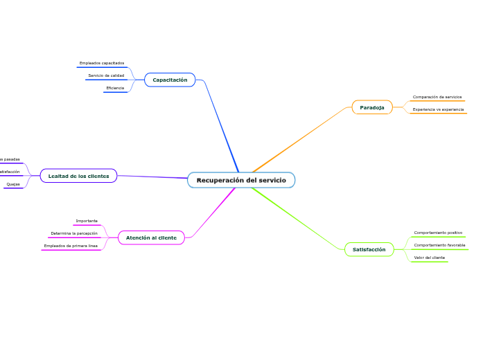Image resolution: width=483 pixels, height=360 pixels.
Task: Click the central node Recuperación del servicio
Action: pyautogui.click(x=241, y=180)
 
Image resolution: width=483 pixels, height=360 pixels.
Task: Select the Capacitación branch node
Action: pyautogui.click(x=170, y=80)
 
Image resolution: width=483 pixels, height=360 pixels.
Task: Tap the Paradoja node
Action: pyautogui.click(x=372, y=107)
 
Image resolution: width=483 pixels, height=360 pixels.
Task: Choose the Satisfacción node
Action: pyautogui.click(x=369, y=249)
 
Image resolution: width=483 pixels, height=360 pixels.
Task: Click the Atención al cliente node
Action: pyautogui.click(x=151, y=237)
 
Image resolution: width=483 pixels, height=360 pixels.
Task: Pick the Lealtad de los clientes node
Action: pyautogui.click(x=78, y=176)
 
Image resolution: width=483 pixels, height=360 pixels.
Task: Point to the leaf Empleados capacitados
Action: pyautogui.click(x=102, y=63)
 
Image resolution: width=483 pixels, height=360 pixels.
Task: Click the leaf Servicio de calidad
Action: pyautogui.click(x=106, y=75)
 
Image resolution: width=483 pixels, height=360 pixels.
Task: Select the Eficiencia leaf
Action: pyautogui.click(x=115, y=88)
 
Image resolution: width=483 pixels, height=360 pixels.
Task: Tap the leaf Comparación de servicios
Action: pyautogui.click(x=437, y=97)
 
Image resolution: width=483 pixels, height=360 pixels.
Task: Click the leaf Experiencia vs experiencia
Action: pyautogui.click(x=438, y=109)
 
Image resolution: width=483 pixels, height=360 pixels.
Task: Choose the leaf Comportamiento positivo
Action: pyautogui.click(x=438, y=233)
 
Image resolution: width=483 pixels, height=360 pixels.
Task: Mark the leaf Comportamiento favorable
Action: pyautogui.click(x=439, y=245)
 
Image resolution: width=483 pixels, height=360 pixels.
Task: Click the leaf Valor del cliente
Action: pyautogui.click(x=429, y=258)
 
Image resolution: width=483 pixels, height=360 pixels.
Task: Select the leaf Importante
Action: pyautogui.click(x=87, y=221)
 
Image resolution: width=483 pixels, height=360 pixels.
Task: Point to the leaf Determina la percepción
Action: pyautogui.click(x=74, y=233)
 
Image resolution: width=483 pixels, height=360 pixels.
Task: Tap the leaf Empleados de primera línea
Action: pyautogui.click(x=71, y=246)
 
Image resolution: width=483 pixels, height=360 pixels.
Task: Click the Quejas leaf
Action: pyautogui.click(x=13, y=184)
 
